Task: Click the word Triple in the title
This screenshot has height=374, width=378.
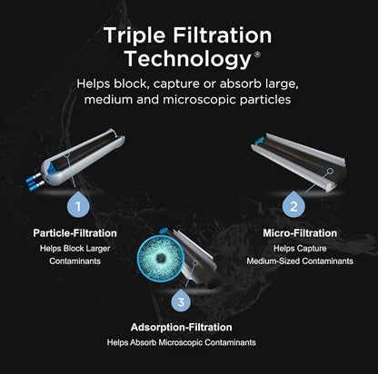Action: coord(134,36)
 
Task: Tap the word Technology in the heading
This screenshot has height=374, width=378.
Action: coord(188,59)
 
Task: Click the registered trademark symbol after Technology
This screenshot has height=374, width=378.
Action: coord(257,54)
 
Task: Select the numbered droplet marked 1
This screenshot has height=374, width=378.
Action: coord(78,204)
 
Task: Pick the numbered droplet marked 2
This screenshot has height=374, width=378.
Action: coord(293,204)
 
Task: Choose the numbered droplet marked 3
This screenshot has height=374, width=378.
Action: coord(181,300)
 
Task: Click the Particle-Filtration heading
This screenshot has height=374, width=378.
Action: coord(75,233)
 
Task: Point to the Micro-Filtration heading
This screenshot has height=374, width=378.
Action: coord(300,233)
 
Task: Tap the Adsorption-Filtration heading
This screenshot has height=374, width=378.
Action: coord(182,328)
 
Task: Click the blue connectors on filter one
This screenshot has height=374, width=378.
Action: coord(35,182)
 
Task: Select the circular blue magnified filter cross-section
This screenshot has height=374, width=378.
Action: coord(161,258)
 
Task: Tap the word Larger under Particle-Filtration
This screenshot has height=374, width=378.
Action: coord(98,249)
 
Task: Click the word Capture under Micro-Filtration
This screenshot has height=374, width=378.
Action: coord(311,249)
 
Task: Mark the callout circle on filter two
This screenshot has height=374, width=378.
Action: coord(331,172)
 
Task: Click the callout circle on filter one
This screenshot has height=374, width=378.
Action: coord(67,155)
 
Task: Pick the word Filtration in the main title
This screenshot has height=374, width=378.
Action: coord(223,35)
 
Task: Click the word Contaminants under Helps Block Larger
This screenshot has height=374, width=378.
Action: coord(75,261)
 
